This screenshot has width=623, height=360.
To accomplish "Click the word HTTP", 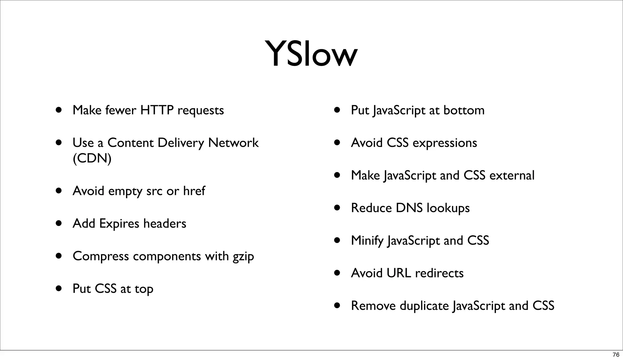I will point(157,110).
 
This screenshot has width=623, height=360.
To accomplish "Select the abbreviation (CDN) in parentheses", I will point(92,158).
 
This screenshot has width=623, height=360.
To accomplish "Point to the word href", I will point(194,191).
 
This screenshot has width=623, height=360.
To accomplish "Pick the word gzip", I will point(243,257).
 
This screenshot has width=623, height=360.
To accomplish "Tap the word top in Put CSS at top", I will point(144,289).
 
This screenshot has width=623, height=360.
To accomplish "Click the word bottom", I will point(464,110).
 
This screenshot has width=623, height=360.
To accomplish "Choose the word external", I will point(512,175).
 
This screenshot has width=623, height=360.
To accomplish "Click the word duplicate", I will point(424,306).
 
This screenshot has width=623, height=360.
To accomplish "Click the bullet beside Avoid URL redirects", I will point(337,273).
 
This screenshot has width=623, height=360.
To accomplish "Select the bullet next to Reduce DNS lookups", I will point(337,208).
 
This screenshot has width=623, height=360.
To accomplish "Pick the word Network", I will point(233,143).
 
